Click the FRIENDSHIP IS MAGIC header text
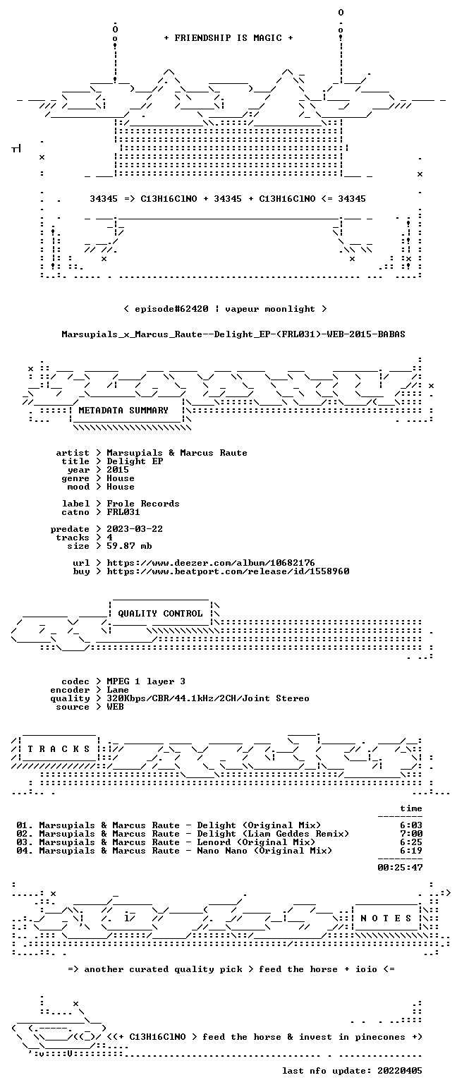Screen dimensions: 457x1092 228,38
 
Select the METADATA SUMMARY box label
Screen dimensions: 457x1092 123,411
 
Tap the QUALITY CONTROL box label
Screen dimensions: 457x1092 160,614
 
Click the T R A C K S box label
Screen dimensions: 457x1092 59,749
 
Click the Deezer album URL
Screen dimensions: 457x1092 211,563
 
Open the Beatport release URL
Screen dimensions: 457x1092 228,571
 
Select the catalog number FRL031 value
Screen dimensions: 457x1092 123,512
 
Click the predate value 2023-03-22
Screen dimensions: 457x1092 135,529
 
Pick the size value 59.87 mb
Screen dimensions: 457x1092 129,546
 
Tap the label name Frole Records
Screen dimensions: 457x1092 143,504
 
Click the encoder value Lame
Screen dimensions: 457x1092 118,691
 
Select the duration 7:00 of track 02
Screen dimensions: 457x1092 411,834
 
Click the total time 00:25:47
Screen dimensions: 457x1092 400,868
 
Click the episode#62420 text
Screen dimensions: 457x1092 171,309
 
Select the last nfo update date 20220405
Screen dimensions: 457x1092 400,1071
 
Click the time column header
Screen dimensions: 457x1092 411,808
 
